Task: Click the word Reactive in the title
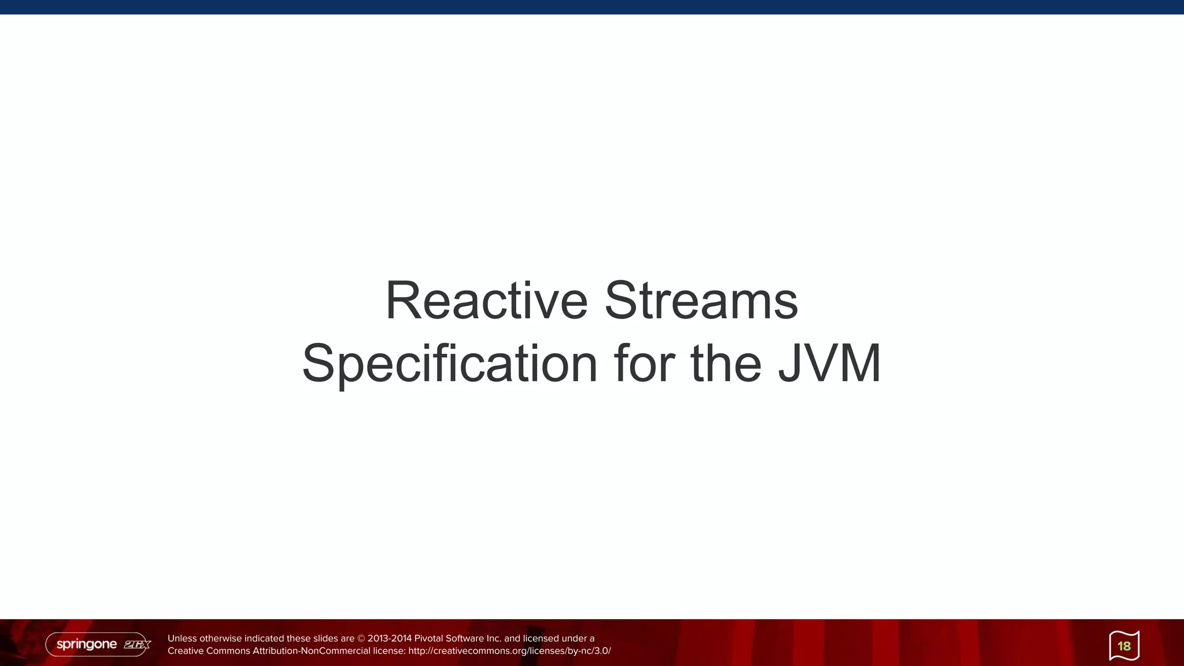click(486, 301)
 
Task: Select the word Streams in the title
click(701, 301)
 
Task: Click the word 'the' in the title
click(726, 364)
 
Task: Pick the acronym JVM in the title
click(830, 364)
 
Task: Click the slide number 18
click(1124, 646)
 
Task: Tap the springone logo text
click(87, 644)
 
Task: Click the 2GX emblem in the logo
click(137, 645)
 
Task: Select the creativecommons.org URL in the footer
click(509, 651)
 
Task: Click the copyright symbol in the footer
click(361, 639)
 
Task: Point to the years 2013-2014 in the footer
click(390, 639)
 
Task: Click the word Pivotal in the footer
click(428, 639)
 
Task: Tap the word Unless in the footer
click(182, 639)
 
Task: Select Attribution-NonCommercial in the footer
click(311, 651)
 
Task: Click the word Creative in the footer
click(186, 651)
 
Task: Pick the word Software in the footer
click(464, 639)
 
